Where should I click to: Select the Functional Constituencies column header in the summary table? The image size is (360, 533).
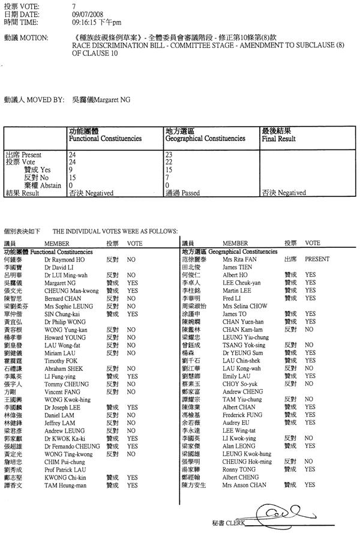tap(105, 138)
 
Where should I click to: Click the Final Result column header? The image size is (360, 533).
tap(278, 138)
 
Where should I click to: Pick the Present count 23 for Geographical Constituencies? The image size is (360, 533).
tap(169, 155)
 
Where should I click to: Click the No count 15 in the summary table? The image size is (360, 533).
tap(73, 178)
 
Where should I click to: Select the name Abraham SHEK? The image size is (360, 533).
tap(61, 369)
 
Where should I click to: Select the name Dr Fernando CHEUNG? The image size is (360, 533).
tap(71, 446)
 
